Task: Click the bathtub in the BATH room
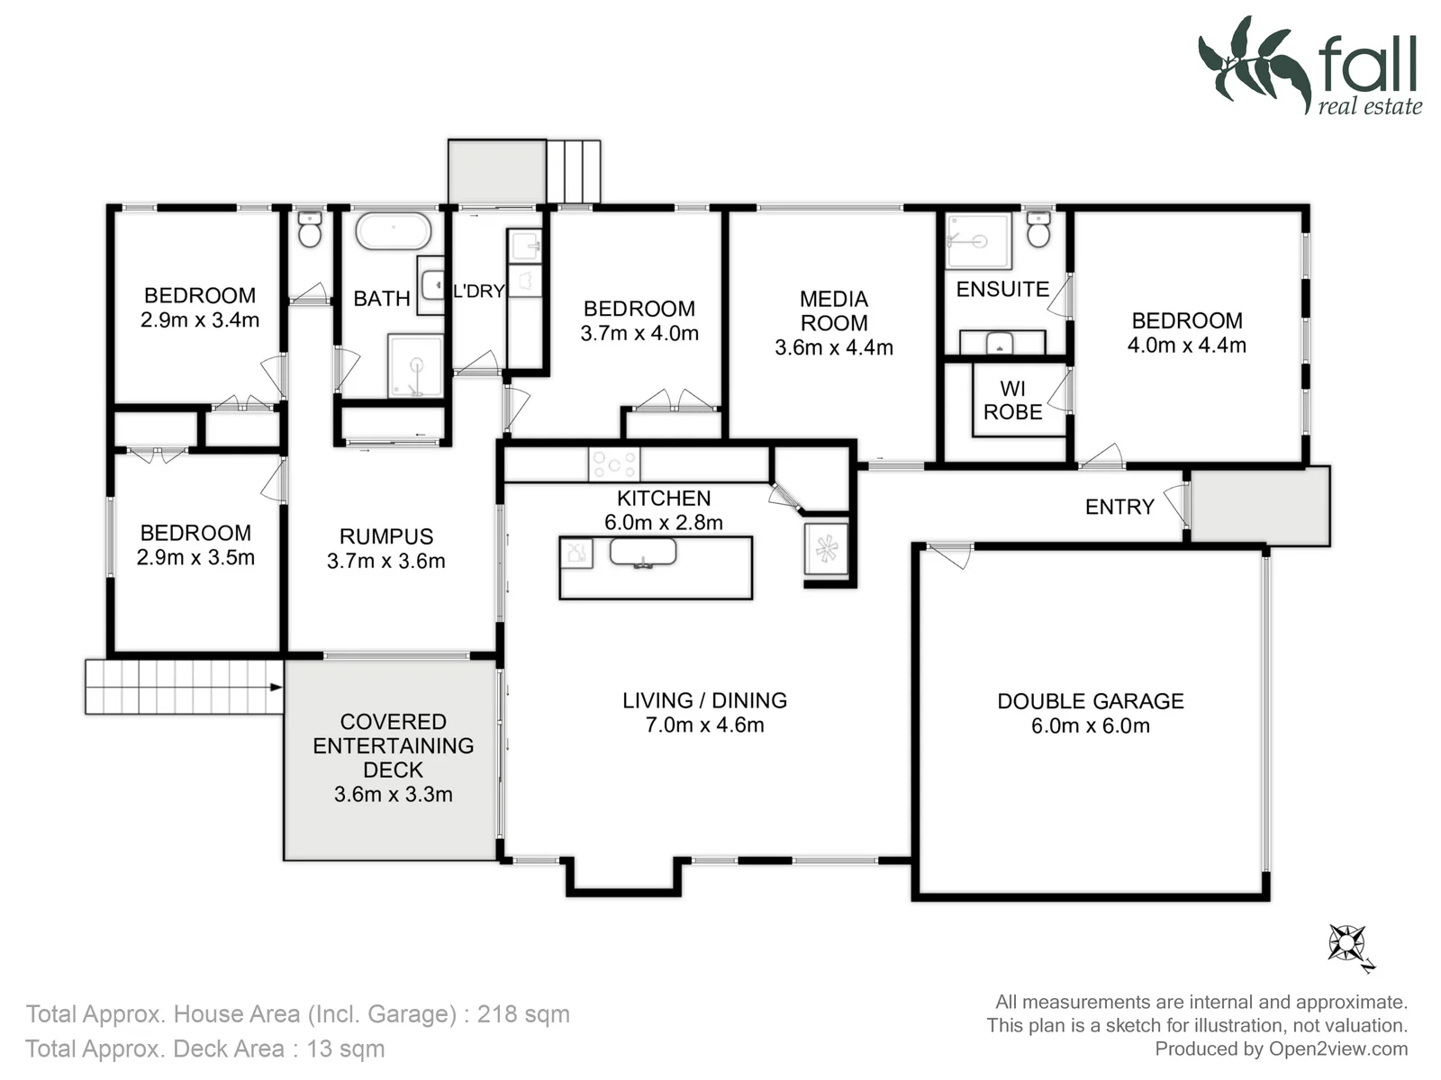(x=394, y=230)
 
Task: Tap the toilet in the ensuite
(x=1038, y=229)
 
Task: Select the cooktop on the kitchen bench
(x=614, y=463)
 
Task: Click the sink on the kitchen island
(x=643, y=552)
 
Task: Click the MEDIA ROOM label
(x=834, y=310)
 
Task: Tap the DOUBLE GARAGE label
(x=1091, y=701)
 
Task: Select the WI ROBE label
(x=1013, y=400)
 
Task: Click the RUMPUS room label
(x=386, y=536)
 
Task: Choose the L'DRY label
(x=479, y=291)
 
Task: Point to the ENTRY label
(x=1120, y=507)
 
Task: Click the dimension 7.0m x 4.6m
(x=704, y=724)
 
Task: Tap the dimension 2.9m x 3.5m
(x=195, y=557)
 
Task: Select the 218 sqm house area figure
(x=523, y=1013)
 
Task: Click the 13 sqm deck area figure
(x=345, y=1048)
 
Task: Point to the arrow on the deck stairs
(x=276, y=688)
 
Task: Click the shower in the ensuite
(x=977, y=240)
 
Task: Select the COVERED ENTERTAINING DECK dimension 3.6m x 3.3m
(x=394, y=794)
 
